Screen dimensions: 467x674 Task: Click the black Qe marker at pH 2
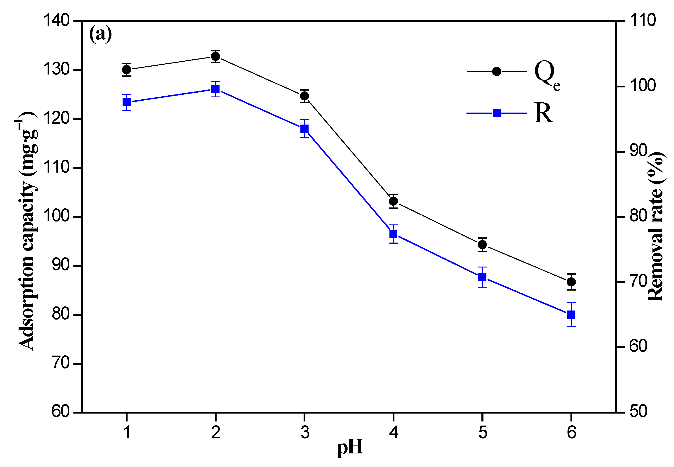(x=215, y=56)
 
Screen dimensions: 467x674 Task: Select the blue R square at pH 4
(x=393, y=234)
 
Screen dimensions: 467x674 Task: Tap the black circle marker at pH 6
(x=571, y=282)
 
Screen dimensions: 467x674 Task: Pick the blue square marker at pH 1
(x=126, y=102)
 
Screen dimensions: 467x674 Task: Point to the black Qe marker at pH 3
(x=304, y=96)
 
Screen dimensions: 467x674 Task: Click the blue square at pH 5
(x=482, y=277)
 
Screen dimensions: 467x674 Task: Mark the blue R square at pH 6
(x=571, y=315)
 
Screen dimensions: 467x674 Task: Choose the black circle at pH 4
(x=393, y=201)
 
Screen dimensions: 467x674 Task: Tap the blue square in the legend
(x=497, y=113)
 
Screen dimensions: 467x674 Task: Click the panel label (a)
(x=100, y=34)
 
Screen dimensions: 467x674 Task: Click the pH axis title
(x=350, y=448)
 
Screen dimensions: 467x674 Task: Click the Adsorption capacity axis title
(x=27, y=231)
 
